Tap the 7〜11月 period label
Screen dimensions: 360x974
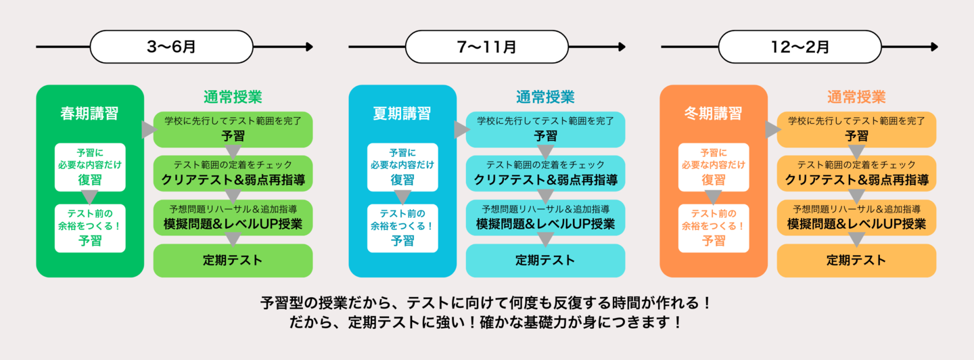pos(486,47)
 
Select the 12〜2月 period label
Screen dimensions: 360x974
pos(799,47)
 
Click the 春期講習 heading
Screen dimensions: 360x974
pos(89,114)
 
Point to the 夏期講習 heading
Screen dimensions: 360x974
pos(402,114)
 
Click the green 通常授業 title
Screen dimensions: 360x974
pos(233,97)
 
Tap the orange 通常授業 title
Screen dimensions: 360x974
pos(856,97)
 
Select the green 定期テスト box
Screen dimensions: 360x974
pos(233,261)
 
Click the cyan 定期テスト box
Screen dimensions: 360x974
pos(545,261)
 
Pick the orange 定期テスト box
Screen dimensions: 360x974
pos(856,261)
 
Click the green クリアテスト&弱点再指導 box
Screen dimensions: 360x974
pos(233,173)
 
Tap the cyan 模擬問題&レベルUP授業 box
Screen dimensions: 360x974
pos(545,217)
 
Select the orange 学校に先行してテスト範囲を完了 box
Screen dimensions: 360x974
pos(856,129)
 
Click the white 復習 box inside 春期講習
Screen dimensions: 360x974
pos(90,166)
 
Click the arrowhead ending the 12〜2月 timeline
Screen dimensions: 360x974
pos(934,47)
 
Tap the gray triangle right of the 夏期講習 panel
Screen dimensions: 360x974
pos(461,130)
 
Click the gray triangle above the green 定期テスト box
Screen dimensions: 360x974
pos(233,239)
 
